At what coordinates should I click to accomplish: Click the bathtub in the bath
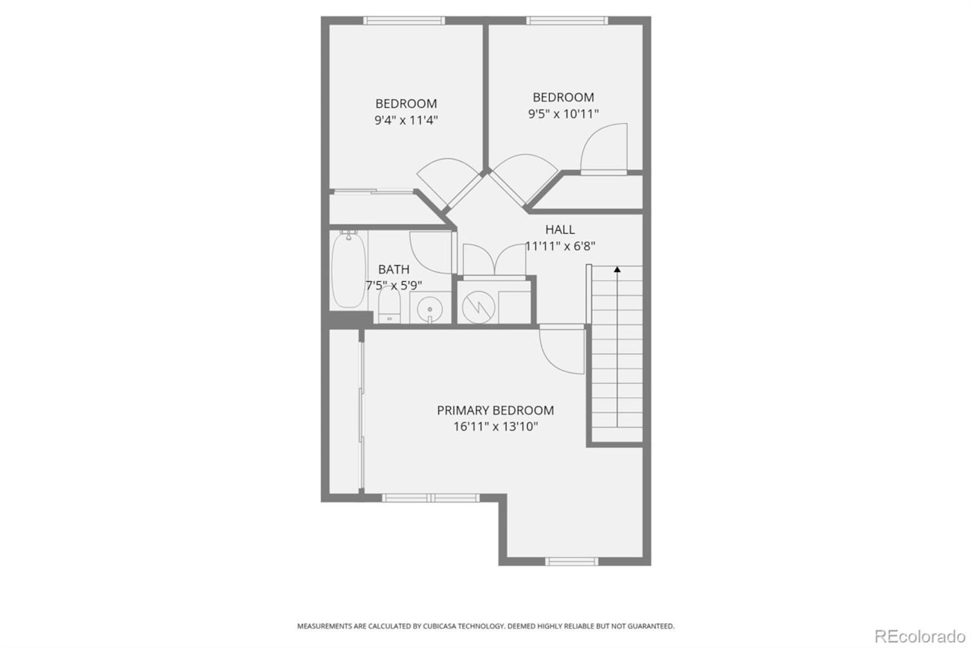349,270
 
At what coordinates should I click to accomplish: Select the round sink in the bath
430,309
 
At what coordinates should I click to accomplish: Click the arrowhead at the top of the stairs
617,268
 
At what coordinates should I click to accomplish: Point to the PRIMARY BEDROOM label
495,410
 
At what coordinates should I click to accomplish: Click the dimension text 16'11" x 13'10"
495,427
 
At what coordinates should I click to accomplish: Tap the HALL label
560,229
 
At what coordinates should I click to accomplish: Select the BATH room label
393,269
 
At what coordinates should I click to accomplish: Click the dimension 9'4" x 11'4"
406,120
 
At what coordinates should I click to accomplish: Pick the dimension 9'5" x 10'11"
563,114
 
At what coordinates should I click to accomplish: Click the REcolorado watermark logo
920,635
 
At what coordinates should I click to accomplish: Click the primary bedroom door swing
560,349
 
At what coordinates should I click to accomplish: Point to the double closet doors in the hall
494,259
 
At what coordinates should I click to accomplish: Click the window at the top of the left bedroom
403,21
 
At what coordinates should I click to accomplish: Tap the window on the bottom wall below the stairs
572,561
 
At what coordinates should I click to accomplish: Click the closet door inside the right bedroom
605,149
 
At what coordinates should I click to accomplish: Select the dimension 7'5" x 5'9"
393,286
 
